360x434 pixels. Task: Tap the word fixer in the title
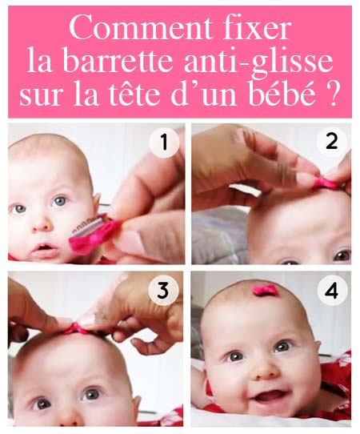click(x=254, y=30)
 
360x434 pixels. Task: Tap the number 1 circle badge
click(x=163, y=144)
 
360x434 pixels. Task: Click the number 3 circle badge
click(x=163, y=291)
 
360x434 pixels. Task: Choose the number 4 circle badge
click(x=331, y=291)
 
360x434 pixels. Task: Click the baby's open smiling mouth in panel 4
click(x=270, y=396)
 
